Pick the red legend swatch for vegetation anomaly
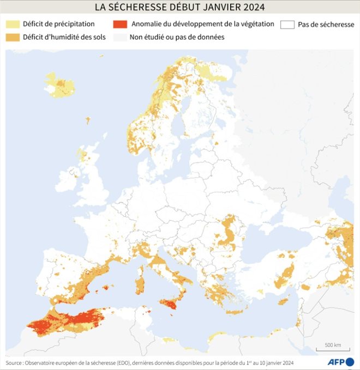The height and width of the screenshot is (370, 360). (119, 25)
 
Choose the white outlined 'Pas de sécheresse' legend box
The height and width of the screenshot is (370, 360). (287, 25)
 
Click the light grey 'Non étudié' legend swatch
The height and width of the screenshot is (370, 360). (119, 38)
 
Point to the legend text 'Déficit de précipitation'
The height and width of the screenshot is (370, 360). (59, 25)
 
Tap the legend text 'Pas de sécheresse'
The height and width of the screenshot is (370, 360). (326, 25)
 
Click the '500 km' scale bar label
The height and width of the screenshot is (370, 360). (333, 345)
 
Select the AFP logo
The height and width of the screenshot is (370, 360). (341, 362)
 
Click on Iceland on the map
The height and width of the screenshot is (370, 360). (59, 85)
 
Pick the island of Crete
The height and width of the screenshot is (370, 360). (236, 312)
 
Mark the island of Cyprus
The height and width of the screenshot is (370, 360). (283, 301)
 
